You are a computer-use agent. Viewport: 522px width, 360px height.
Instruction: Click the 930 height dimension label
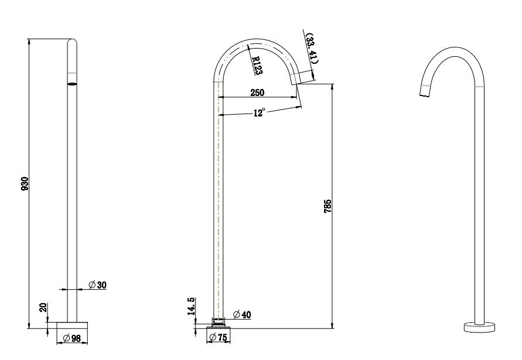[25, 183]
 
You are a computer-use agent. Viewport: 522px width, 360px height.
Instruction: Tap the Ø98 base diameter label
[72, 338]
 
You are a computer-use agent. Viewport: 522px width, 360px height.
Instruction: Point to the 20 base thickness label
[42, 308]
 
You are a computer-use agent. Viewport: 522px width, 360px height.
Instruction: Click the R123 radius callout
[256, 66]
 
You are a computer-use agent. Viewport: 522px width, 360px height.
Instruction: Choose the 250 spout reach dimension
[257, 92]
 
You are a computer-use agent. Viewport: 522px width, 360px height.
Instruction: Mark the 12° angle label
[259, 112]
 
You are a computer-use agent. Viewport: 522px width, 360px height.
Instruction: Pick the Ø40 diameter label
[242, 314]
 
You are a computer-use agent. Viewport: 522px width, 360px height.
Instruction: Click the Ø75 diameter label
[219, 338]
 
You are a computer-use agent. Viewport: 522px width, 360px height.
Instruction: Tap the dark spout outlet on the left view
[72, 84]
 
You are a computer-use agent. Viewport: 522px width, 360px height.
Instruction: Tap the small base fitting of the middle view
[219, 321]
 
